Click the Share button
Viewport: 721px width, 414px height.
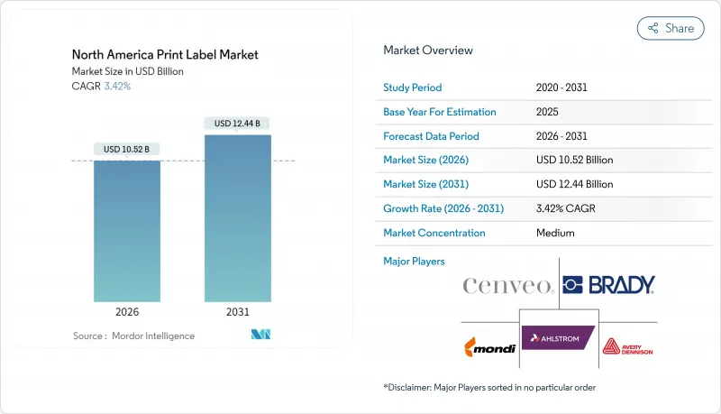pos(670,28)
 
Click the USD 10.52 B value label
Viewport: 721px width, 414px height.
pos(127,149)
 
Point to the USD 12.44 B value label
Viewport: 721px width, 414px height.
pos(237,123)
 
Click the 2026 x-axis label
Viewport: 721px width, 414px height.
pos(127,312)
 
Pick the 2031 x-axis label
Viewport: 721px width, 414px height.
pos(237,312)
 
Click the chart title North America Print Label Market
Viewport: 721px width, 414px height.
pos(165,54)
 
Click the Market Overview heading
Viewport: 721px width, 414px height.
pos(428,51)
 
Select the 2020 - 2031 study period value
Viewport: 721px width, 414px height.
pos(564,88)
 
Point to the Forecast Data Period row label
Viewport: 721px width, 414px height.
pos(431,136)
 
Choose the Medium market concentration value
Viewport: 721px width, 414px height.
pos(555,233)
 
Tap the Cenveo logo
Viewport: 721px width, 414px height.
pos(508,286)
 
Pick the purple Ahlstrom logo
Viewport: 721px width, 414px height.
pos(559,339)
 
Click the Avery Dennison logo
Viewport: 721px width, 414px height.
pos(627,346)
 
